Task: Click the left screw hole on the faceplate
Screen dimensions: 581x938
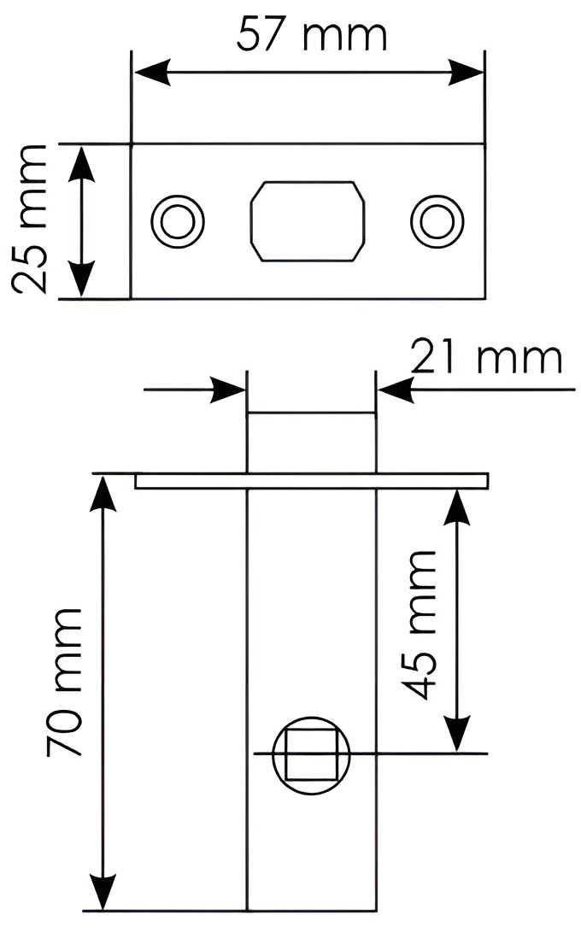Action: [x=178, y=221]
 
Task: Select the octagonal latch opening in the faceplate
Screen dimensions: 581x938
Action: [x=308, y=220]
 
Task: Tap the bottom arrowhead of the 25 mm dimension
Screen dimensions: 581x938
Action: [x=81, y=282]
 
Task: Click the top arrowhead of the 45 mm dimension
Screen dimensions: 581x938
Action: [x=459, y=507]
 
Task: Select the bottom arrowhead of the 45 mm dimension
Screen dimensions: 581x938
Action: [x=459, y=736]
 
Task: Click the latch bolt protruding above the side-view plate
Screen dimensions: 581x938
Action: [x=311, y=443]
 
